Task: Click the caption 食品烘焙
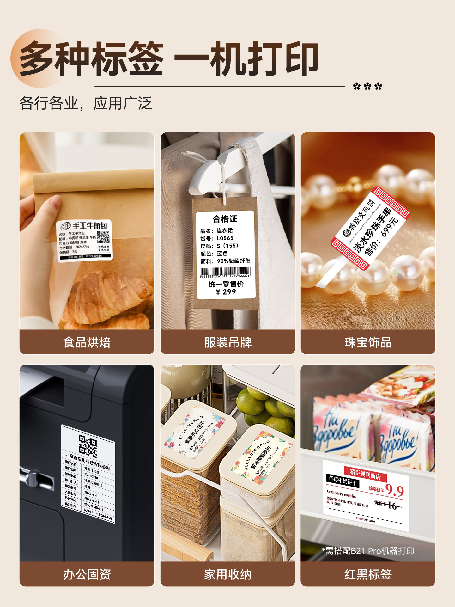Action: point(87,342)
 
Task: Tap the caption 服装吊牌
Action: point(228,342)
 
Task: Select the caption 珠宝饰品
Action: point(368,342)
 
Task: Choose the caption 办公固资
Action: point(87,574)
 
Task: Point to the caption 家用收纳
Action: point(228,574)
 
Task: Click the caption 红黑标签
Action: point(368,574)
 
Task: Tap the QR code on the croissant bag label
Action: point(103,237)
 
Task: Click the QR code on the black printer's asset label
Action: point(88,446)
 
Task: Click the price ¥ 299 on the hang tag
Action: point(226,292)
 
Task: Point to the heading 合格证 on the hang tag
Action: point(225,219)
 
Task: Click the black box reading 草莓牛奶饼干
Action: point(343,480)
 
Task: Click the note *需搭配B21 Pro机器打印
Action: point(368,551)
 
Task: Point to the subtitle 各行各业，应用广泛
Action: point(86,103)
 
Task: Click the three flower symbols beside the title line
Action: point(367,86)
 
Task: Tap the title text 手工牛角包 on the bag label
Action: point(90,225)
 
